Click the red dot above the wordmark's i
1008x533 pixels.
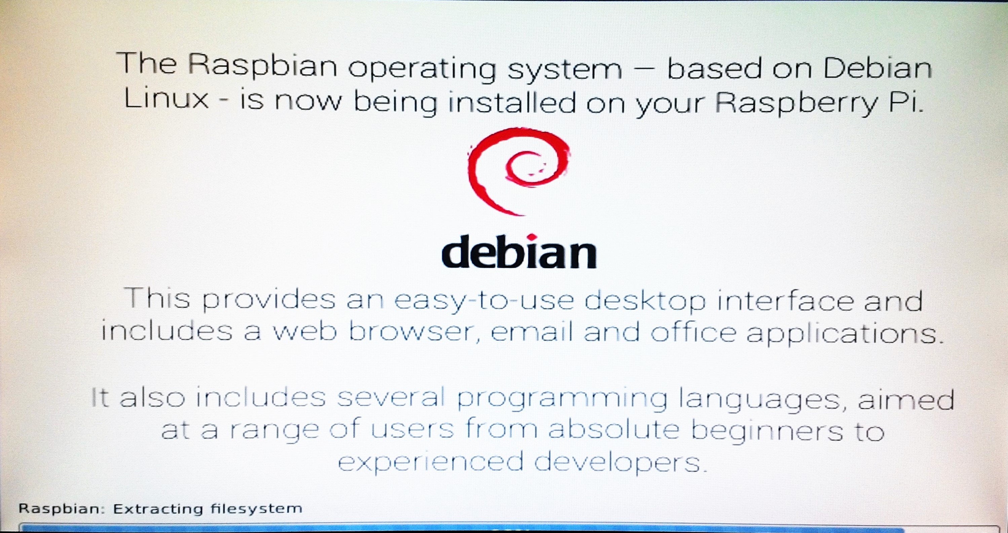tap(531, 237)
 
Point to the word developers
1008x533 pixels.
tap(621, 463)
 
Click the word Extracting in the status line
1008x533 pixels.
tap(158, 509)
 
